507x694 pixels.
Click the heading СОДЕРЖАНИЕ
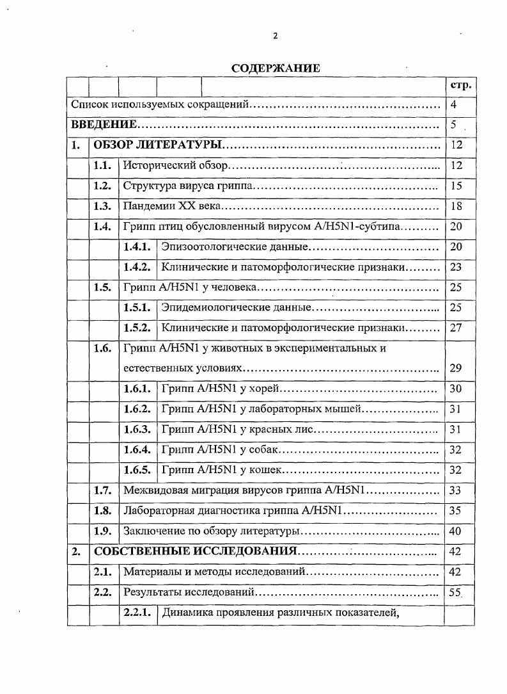276,68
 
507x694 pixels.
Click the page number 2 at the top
276,36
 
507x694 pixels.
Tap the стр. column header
460,85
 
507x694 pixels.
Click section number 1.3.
103,206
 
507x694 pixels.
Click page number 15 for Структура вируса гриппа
456,186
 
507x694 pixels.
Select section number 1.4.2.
137,267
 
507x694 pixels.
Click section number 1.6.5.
137,470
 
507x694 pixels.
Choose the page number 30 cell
456,389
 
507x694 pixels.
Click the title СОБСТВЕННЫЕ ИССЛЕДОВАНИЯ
196,551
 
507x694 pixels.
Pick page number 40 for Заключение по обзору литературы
456,531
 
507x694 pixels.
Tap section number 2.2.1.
137,613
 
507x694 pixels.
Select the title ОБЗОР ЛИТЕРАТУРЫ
157,145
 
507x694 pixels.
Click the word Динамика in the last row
187,613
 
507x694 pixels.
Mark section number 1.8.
103,511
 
